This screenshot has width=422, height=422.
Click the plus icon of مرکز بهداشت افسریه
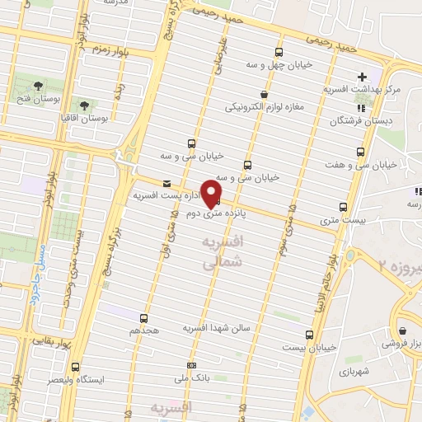(x=363, y=77)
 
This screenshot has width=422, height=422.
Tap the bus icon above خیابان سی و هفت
(x=360, y=152)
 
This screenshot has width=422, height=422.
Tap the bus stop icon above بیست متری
(x=344, y=207)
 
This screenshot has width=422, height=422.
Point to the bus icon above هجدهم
(x=144, y=316)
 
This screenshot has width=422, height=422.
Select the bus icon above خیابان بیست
(x=310, y=335)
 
